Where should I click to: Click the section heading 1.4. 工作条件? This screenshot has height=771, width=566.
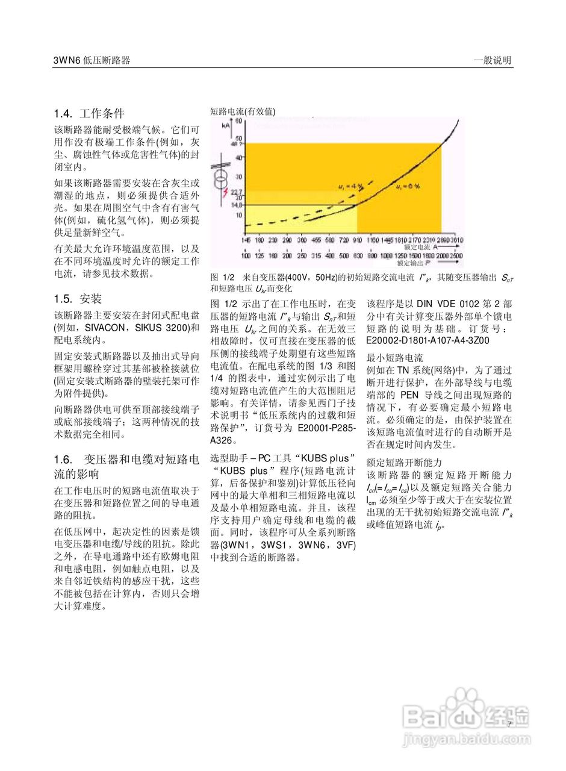(89, 113)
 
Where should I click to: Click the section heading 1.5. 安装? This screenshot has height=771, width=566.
(78, 299)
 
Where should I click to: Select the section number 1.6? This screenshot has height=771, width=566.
(63, 459)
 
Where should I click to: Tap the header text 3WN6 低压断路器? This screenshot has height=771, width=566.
(92, 60)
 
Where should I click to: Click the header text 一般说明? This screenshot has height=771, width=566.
(492, 60)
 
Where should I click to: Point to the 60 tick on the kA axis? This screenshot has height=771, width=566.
(238, 121)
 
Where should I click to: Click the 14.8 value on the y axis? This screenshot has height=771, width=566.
(236, 205)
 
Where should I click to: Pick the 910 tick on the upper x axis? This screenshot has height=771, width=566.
(358, 239)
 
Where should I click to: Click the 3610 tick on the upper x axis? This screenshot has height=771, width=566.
(458, 239)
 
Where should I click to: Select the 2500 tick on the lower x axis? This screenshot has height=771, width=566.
(456, 256)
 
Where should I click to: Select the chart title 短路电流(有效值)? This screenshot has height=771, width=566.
(243, 111)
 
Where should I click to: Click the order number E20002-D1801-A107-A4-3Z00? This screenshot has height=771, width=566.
(428, 340)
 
